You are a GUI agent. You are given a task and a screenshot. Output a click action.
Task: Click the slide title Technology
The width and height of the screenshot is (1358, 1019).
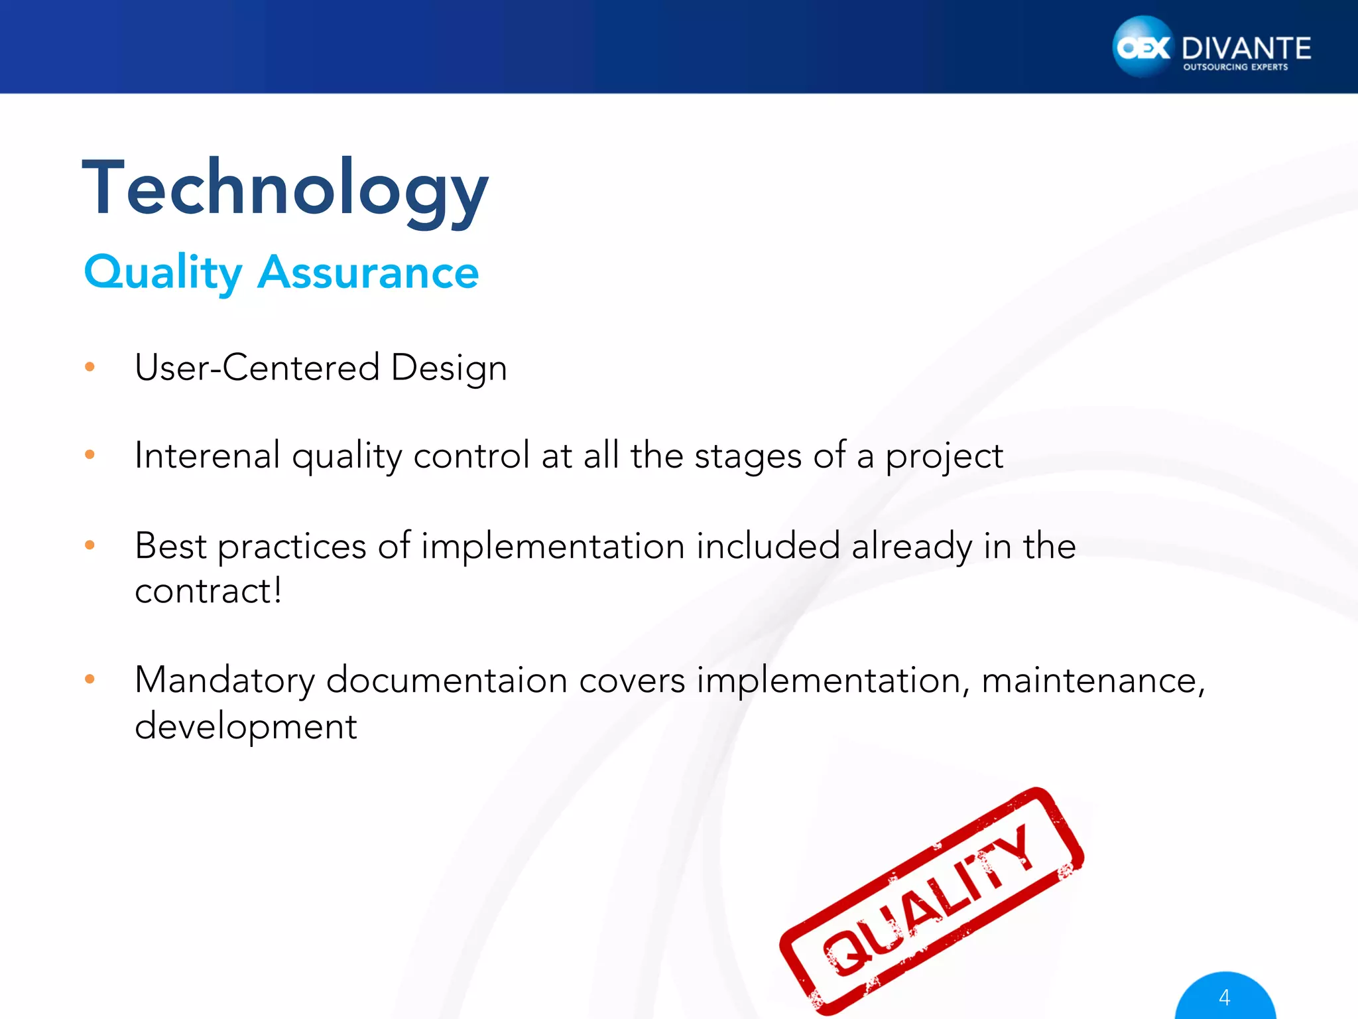[x=285, y=189]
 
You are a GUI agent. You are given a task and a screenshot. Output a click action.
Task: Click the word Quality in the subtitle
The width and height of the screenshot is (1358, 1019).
[x=163, y=273]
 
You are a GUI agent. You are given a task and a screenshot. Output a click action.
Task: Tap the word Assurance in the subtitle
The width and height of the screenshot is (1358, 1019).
[x=368, y=273]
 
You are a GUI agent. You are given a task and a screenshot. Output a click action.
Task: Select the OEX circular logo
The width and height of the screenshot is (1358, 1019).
[x=1142, y=47]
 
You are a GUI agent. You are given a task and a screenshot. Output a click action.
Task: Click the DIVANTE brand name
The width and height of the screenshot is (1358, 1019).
[x=1246, y=48]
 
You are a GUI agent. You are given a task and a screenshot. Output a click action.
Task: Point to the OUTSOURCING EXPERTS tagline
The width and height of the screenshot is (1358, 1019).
[x=1235, y=67]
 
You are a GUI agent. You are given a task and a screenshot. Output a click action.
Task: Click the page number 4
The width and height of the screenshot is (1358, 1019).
[x=1224, y=997]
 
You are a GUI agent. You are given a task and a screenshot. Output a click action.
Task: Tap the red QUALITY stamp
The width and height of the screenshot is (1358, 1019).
[x=932, y=902]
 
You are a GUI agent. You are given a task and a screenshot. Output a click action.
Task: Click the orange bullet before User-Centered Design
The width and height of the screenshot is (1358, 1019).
[x=90, y=367]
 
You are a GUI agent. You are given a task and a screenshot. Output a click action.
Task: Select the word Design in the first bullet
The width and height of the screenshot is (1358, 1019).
[x=449, y=368]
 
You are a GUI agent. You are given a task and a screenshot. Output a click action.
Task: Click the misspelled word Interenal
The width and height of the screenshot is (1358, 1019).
[x=207, y=456]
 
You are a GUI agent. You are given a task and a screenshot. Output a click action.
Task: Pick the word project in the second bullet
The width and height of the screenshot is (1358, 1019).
[x=944, y=457]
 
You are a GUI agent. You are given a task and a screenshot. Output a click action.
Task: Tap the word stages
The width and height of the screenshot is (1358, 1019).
[x=748, y=457]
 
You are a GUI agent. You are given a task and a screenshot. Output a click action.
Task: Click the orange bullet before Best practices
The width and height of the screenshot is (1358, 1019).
[x=90, y=545]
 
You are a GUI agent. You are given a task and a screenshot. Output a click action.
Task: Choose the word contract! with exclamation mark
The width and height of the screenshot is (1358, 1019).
[x=208, y=590]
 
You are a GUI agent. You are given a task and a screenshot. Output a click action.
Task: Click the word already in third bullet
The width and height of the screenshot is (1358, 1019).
[x=911, y=547]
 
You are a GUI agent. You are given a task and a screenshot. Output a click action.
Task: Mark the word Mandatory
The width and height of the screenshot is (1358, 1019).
[x=225, y=681]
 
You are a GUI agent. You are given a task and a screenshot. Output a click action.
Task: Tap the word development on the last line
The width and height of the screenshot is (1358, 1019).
[x=246, y=726]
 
